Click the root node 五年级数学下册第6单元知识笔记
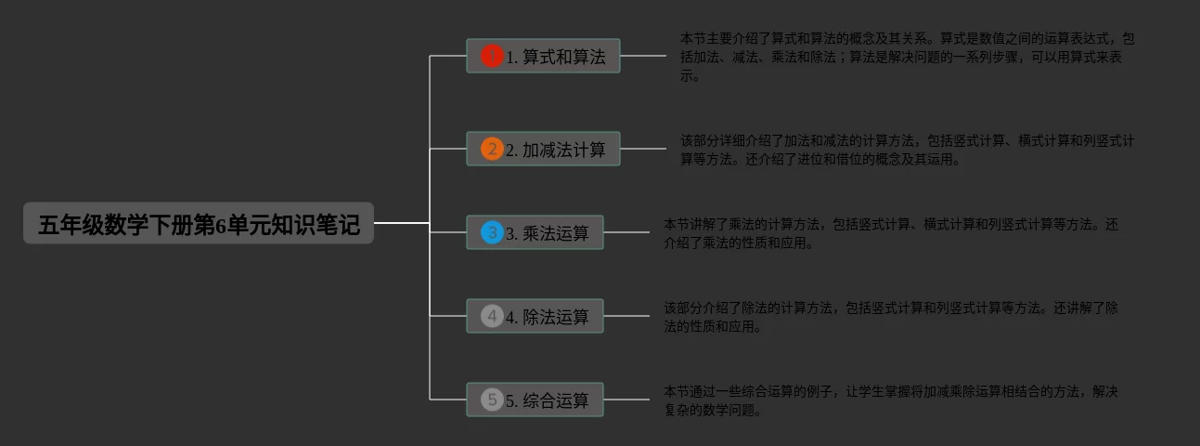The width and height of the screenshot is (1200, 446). (199, 224)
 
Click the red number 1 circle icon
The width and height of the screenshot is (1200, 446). (492, 56)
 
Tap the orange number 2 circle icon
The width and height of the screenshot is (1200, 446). (492, 149)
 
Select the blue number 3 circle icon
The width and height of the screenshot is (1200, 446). (492, 232)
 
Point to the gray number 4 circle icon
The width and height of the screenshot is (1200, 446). (492, 316)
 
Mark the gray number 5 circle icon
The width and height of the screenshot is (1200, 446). (492, 400)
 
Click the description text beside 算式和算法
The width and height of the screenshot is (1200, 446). (906, 57)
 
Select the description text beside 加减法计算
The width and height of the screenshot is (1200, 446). (906, 150)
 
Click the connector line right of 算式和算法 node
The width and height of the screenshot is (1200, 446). (642, 56)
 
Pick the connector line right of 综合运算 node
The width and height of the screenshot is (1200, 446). (626, 400)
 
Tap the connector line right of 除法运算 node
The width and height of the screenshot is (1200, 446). (626, 316)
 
